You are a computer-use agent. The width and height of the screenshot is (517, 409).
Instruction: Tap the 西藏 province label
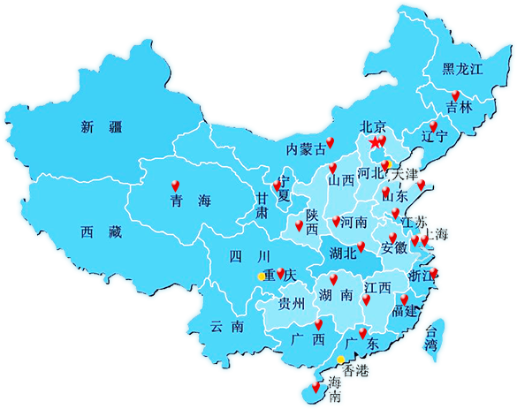[x=99, y=232]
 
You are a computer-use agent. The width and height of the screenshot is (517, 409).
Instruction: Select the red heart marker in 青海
[x=175, y=185]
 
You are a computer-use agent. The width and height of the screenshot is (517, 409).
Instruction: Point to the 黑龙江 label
[x=464, y=70]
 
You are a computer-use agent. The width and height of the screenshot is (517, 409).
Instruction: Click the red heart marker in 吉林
[x=455, y=95]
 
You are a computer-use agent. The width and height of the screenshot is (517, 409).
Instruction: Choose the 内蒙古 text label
[x=306, y=149]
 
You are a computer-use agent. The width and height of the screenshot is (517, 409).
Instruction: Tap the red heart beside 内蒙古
[x=331, y=142]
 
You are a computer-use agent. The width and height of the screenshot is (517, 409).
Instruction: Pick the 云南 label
[x=226, y=326]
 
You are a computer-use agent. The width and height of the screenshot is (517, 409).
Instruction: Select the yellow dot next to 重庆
[x=260, y=276]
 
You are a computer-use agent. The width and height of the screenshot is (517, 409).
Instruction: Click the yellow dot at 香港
[x=341, y=359]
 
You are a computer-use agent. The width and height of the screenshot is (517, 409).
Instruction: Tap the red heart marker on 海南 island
[x=316, y=385]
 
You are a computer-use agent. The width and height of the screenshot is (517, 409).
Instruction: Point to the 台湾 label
[x=431, y=338]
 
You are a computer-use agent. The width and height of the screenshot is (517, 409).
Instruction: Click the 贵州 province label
[x=291, y=304]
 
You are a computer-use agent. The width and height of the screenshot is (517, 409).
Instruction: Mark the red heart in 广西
[x=318, y=324]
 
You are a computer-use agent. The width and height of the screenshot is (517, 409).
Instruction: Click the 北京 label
[x=375, y=126]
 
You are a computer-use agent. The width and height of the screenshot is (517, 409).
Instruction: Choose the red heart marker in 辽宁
[x=433, y=125]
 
